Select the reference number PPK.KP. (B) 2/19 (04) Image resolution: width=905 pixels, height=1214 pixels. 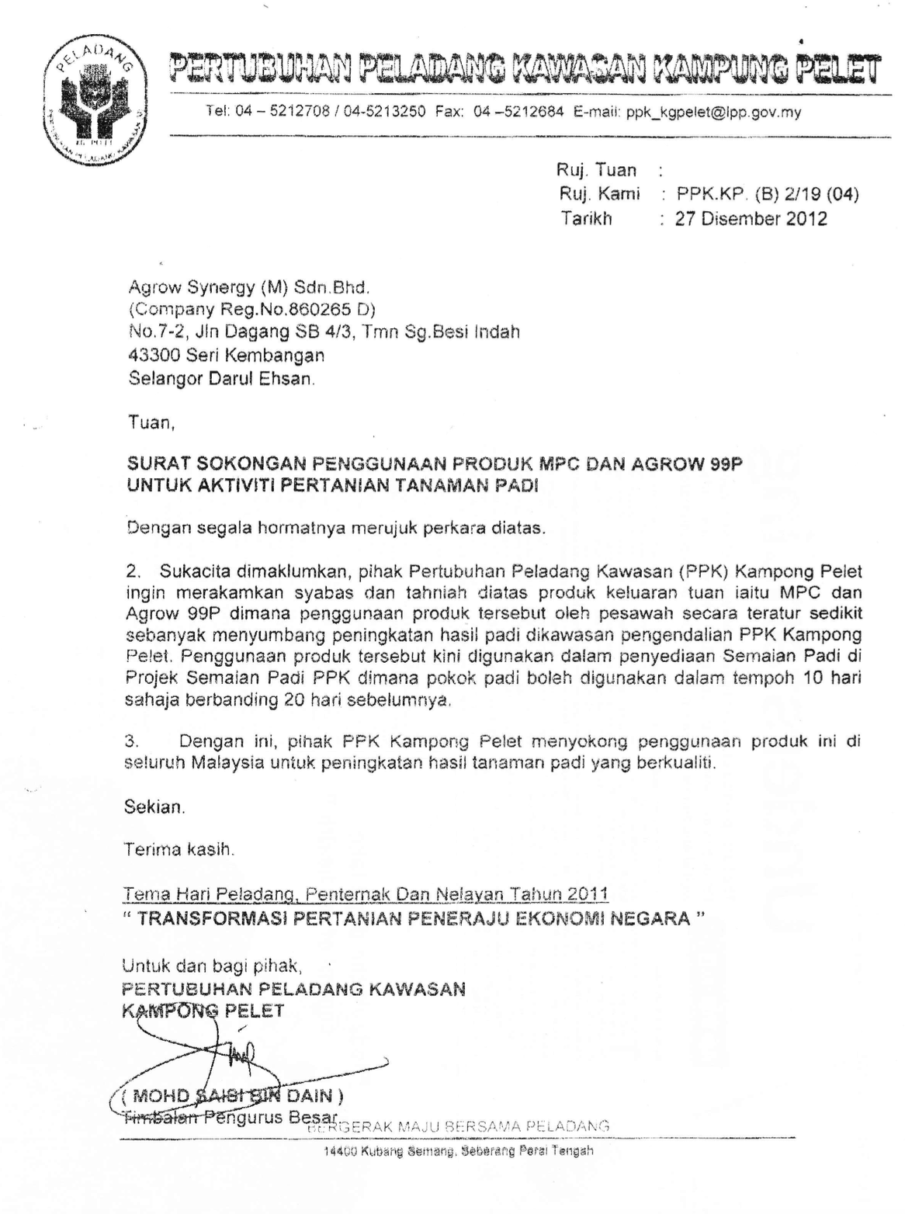click(767, 194)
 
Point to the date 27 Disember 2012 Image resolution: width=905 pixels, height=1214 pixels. click(751, 219)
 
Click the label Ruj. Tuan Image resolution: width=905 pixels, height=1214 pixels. click(596, 170)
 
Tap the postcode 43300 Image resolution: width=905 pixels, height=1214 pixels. click(152, 356)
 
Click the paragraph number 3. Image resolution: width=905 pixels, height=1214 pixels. click(131, 741)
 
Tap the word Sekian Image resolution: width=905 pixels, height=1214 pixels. click(154, 807)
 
